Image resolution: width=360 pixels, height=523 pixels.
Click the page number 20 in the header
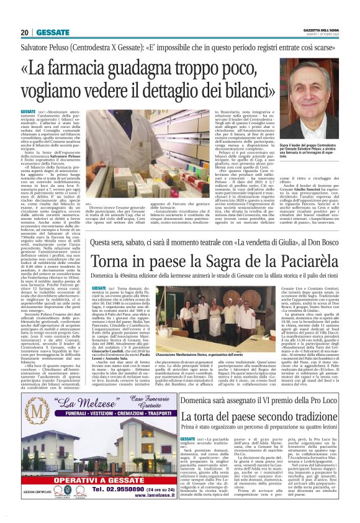click(24, 32)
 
